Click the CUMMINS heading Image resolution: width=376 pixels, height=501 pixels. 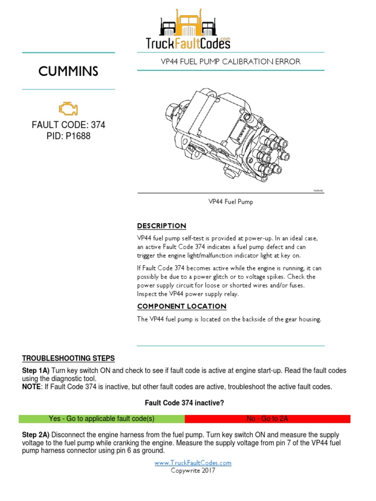point(68,71)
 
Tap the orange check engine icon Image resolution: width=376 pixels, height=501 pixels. point(68,109)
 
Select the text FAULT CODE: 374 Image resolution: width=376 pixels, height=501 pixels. point(68,125)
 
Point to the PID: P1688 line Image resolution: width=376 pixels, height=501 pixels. point(68,136)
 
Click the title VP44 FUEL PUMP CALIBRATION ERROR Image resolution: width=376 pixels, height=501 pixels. point(231,62)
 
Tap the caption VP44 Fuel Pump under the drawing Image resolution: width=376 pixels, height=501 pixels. point(231,202)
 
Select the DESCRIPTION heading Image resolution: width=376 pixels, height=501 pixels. point(162,226)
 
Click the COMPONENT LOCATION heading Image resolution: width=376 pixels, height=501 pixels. point(182,306)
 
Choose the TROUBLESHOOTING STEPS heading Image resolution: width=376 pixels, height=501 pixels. point(69,358)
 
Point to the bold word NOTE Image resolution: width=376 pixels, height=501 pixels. point(32,387)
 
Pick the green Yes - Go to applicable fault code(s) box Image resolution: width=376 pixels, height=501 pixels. point(101,419)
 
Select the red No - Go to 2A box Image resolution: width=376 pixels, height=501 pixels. point(267,419)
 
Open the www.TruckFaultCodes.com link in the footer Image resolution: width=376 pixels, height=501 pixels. point(193,463)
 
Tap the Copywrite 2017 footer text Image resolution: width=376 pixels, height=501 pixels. point(193,471)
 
